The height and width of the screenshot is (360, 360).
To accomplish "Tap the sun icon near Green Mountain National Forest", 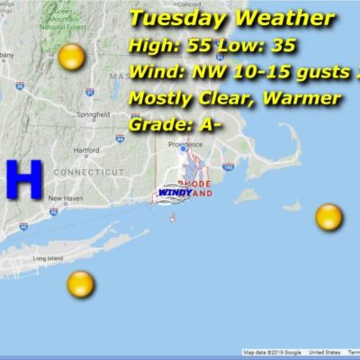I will tap(71, 58).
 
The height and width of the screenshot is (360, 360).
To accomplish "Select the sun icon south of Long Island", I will tap(81, 284).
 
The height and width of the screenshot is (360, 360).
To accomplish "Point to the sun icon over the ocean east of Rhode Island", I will tap(328, 217).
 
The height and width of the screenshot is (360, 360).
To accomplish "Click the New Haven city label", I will tap(66, 198).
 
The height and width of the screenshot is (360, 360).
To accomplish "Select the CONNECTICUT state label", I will tap(87, 171).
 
